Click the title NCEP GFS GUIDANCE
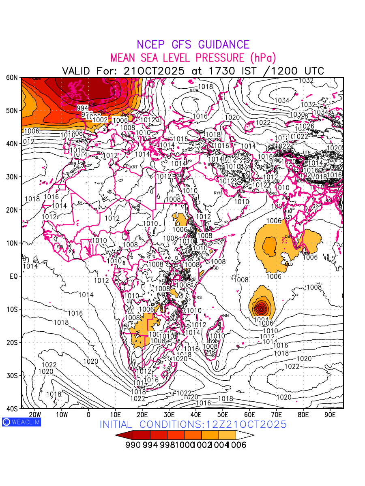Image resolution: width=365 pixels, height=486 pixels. click(x=193, y=45)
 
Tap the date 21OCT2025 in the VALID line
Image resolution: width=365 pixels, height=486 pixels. click(x=154, y=71)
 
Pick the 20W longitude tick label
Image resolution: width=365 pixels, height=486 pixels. click(x=35, y=415)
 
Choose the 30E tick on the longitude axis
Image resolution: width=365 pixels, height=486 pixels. click(x=169, y=415)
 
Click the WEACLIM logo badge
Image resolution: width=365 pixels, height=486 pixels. click(x=21, y=422)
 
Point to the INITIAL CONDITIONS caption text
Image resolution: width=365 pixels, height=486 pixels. click(x=193, y=424)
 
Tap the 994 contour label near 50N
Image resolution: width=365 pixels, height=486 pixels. click(x=83, y=108)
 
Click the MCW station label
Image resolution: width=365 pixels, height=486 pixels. click(x=194, y=90)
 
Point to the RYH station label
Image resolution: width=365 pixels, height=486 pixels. click(x=217, y=193)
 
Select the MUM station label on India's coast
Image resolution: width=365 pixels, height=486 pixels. click(x=288, y=212)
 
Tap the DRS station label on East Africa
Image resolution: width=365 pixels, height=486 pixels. click(x=198, y=298)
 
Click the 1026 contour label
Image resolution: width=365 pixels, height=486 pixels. click(x=306, y=126)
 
